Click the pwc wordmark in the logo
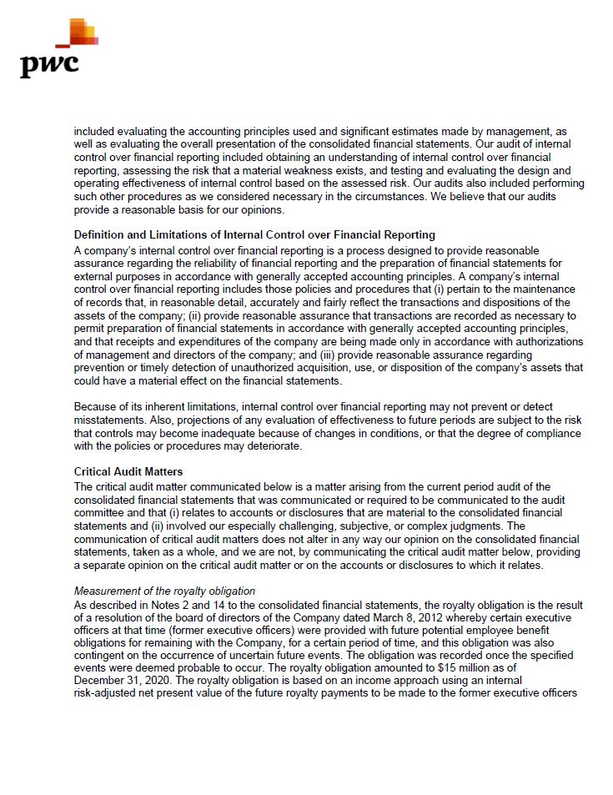click(x=49, y=64)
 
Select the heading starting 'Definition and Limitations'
click(x=254, y=235)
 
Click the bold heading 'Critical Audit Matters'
click(x=128, y=472)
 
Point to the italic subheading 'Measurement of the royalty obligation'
click(x=164, y=591)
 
